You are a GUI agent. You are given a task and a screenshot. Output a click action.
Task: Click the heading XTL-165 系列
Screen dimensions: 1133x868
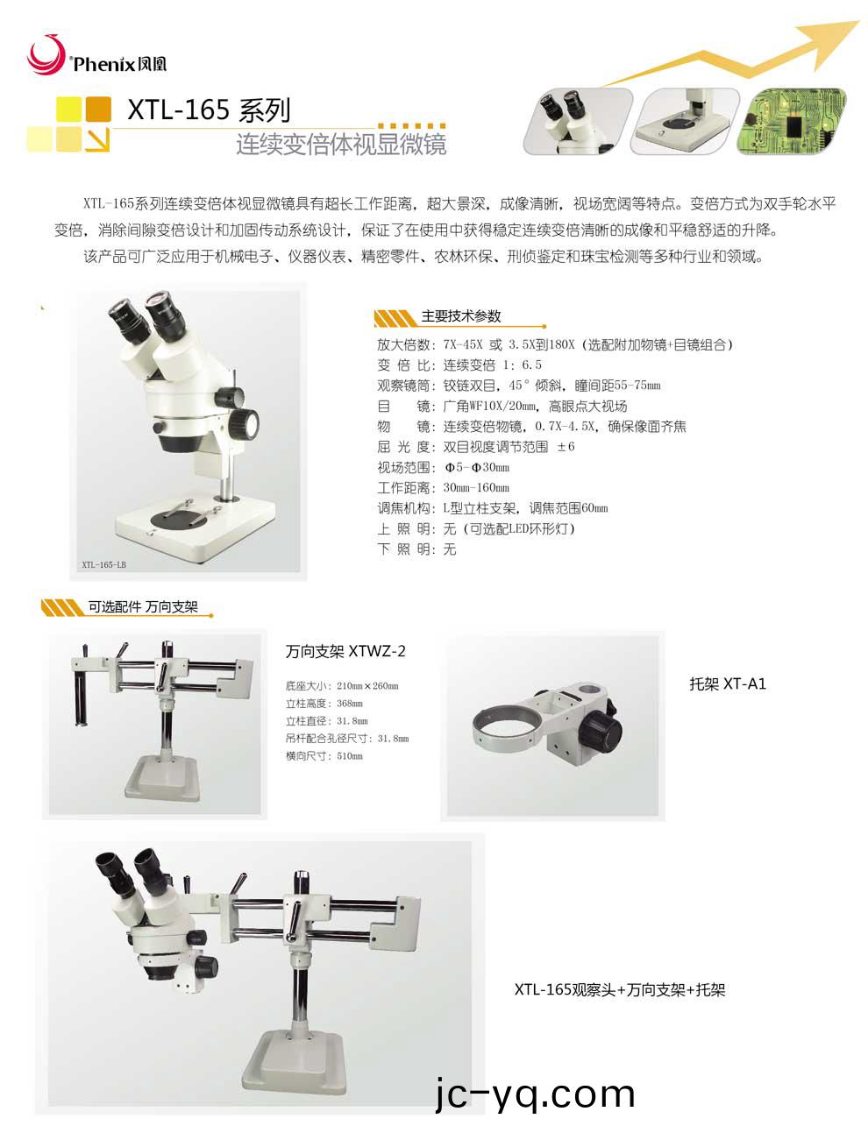(209, 110)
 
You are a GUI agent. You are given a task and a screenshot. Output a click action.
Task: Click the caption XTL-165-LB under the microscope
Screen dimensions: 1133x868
(103, 565)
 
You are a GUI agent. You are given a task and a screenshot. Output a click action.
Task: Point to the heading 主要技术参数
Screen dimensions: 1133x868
(461, 316)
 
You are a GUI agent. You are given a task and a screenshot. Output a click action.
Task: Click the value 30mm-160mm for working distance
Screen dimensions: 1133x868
(476, 487)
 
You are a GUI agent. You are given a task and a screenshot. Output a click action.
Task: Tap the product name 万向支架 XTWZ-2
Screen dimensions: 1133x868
(345, 651)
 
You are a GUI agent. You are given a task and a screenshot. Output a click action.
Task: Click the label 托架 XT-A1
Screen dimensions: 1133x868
(728, 683)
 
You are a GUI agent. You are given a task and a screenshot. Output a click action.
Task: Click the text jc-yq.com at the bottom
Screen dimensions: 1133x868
(535, 1094)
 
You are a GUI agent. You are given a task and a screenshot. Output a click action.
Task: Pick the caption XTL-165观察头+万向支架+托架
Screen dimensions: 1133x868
(619, 990)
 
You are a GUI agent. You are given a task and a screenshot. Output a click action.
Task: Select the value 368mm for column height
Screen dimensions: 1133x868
(350, 704)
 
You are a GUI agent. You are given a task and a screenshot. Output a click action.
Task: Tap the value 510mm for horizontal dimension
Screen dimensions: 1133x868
(350, 756)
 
